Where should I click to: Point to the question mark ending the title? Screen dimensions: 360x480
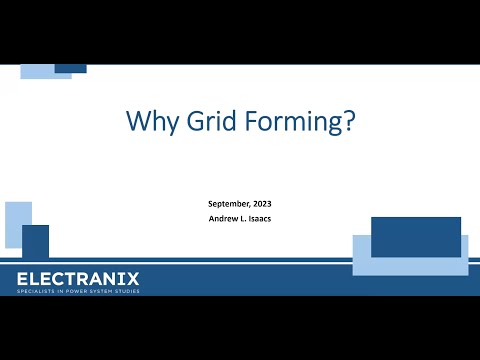point(346,122)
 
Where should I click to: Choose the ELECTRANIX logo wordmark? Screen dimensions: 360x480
point(78,278)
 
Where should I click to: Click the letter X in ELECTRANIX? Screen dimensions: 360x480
point(132,278)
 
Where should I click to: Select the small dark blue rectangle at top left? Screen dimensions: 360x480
point(70,69)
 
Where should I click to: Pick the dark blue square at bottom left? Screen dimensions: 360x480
point(36,242)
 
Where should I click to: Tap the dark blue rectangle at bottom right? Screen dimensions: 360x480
point(416,236)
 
